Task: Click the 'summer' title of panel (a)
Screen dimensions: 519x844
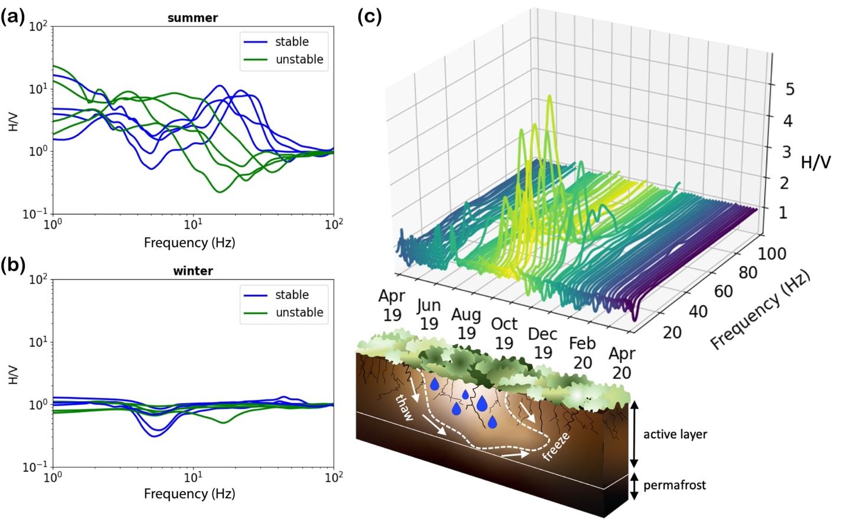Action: click(x=192, y=18)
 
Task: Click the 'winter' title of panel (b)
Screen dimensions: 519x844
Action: click(x=192, y=271)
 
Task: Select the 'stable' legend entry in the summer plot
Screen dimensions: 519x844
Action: click(x=292, y=41)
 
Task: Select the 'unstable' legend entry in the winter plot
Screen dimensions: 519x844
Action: click(x=299, y=313)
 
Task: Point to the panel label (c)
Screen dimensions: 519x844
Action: click(x=370, y=16)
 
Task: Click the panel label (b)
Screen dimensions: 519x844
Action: click(x=12, y=265)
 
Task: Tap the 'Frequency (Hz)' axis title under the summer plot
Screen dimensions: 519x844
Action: click(x=189, y=242)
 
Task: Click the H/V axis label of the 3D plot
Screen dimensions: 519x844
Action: click(x=815, y=163)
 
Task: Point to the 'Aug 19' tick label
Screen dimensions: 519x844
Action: click(x=466, y=323)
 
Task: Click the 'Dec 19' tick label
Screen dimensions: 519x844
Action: click(x=542, y=343)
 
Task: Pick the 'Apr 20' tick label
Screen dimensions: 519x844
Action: click(x=621, y=363)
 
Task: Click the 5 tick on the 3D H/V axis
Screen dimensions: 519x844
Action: click(x=790, y=89)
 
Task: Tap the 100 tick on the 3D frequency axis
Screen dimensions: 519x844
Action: click(x=772, y=254)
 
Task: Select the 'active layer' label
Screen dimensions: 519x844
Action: click(x=675, y=435)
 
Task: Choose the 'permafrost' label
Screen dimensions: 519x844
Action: click(x=674, y=485)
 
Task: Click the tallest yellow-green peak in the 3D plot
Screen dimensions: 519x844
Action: click(x=550, y=97)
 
